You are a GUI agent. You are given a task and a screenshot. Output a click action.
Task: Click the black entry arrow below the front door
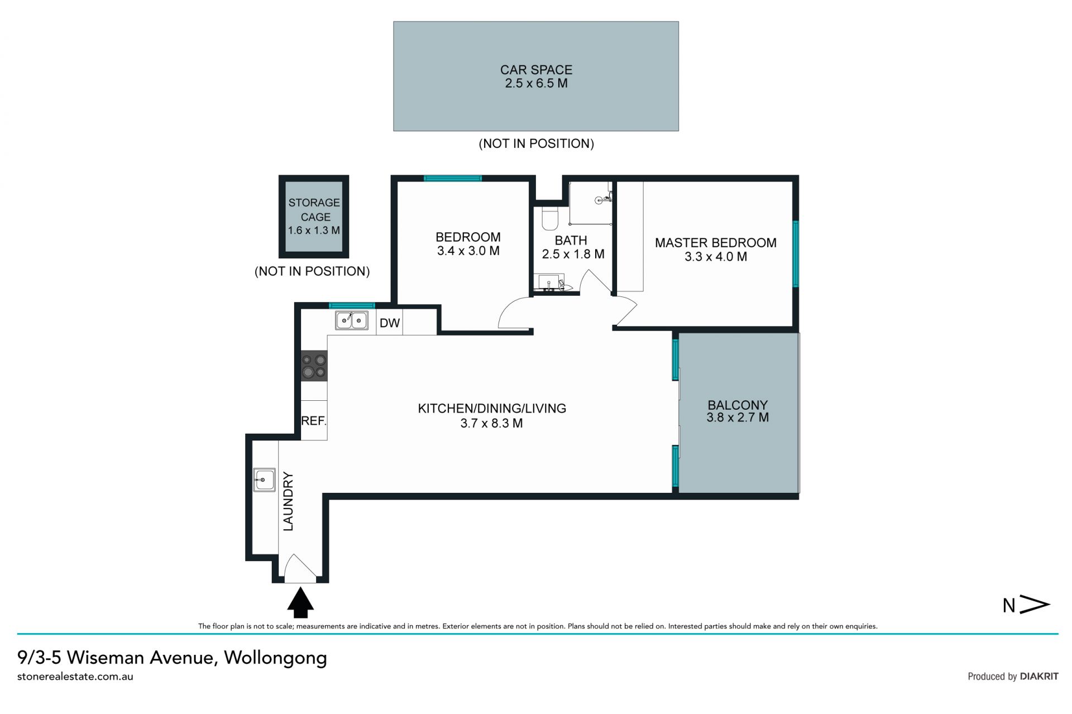pyautogui.click(x=300, y=602)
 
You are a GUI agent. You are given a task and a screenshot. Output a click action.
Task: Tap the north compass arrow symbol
pyautogui.click(x=1035, y=604)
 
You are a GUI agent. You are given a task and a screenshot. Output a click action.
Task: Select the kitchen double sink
pyautogui.click(x=351, y=320)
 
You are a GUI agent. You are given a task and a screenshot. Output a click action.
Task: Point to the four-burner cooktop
pyautogui.click(x=314, y=366)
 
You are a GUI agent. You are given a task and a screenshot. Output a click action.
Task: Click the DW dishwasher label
pyautogui.click(x=390, y=323)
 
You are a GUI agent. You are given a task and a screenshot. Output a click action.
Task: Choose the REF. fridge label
pyautogui.click(x=313, y=421)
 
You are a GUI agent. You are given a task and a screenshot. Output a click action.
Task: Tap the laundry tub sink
pyautogui.click(x=264, y=479)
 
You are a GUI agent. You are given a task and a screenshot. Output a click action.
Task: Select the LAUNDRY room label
pyautogui.click(x=288, y=501)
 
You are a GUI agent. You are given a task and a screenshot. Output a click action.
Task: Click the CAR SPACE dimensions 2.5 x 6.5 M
pyautogui.click(x=536, y=83)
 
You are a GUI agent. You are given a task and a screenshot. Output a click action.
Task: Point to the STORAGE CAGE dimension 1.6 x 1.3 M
pyautogui.click(x=314, y=230)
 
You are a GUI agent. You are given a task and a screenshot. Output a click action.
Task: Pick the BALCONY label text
pyautogui.click(x=738, y=405)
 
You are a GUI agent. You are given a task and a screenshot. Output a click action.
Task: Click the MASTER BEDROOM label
pyautogui.click(x=716, y=243)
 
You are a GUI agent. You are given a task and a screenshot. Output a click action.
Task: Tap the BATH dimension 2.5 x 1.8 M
pyautogui.click(x=573, y=255)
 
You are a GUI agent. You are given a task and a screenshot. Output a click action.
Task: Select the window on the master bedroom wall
pyautogui.click(x=796, y=254)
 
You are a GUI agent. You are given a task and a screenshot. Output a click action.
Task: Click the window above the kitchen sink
pyautogui.click(x=352, y=305)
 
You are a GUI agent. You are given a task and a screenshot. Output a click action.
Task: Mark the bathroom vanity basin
pyautogui.click(x=549, y=282)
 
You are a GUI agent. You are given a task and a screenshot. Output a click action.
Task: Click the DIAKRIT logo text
pyautogui.click(x=1039, y=676)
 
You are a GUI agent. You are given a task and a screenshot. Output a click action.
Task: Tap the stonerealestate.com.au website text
pyautogui.click(x=75, y=677)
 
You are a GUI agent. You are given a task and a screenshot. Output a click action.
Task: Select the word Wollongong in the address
pyautogui.click(x=275, y=658)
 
